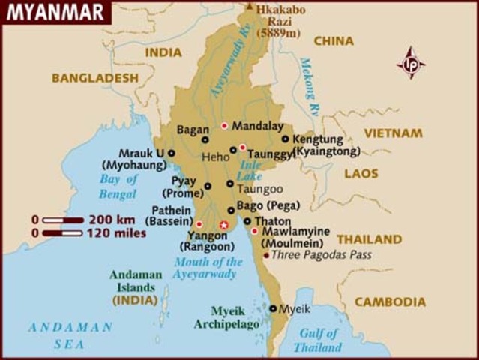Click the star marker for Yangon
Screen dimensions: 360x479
click(x=223, y=225)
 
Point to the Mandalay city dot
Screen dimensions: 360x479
click(x=224, y=125)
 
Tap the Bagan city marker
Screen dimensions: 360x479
click(x=205, y=139)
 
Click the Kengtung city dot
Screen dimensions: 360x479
click(x=285, y=139)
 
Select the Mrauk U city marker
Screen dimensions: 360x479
click(x=172, y=153)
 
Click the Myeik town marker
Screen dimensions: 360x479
click(x=273, y=307)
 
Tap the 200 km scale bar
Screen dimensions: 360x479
click(x=62, y=220)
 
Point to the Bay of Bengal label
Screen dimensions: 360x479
click(x=119, y=185)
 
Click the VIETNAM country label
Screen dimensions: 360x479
click(x=393, y=133)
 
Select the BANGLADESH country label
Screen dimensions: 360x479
click(x=95, y=77)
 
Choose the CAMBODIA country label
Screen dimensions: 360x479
click(x=390, y=301)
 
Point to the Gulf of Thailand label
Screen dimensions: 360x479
click(x=317, y=340)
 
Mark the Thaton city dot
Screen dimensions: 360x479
click(x=247, y=221)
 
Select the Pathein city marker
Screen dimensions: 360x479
click(x=199, y=224)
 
